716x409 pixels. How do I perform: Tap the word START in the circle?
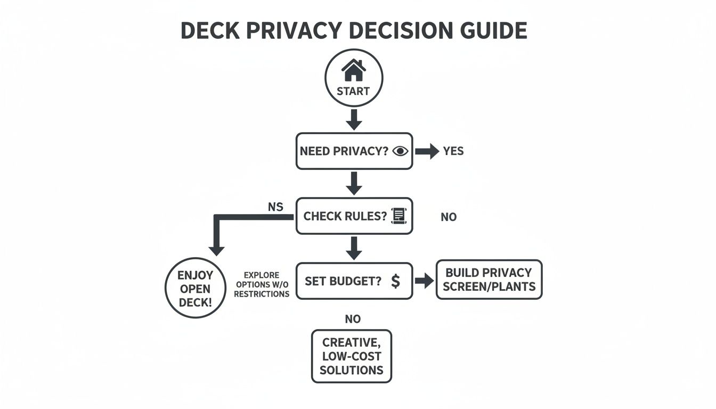[353, 91]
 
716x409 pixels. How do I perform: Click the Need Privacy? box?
[354, 151]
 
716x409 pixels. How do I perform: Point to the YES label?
[453, 151]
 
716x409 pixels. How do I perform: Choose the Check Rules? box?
[354, 216]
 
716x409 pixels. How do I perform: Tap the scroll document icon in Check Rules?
[398, 216]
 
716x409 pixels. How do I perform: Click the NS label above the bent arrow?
[275, 207]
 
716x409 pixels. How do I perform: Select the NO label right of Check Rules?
[449, 217]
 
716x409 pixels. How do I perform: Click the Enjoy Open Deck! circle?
[196, 289]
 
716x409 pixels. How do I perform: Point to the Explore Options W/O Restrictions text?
[262, 284]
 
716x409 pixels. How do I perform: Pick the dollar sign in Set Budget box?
[395, 281]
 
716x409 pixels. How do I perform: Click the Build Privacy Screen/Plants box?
[489, 280]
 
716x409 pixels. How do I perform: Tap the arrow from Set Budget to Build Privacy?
[424, 281]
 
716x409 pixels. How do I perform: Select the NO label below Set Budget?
[353, 319]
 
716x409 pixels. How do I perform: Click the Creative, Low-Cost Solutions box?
[352, 356]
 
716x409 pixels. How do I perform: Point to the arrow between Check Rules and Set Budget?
[354, 247]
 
